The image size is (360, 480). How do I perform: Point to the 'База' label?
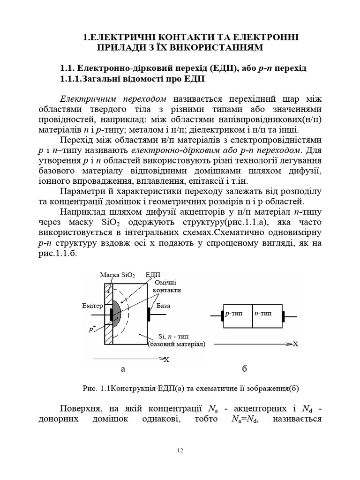pos(164,306)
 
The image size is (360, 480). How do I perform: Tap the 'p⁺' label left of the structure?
pos(92,329)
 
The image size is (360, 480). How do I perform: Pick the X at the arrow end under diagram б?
pos(295,344)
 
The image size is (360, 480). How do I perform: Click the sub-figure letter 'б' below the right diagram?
pos(244,369)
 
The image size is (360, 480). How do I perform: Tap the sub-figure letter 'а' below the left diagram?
pos(123,369)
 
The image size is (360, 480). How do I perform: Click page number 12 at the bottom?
pos(180,450)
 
